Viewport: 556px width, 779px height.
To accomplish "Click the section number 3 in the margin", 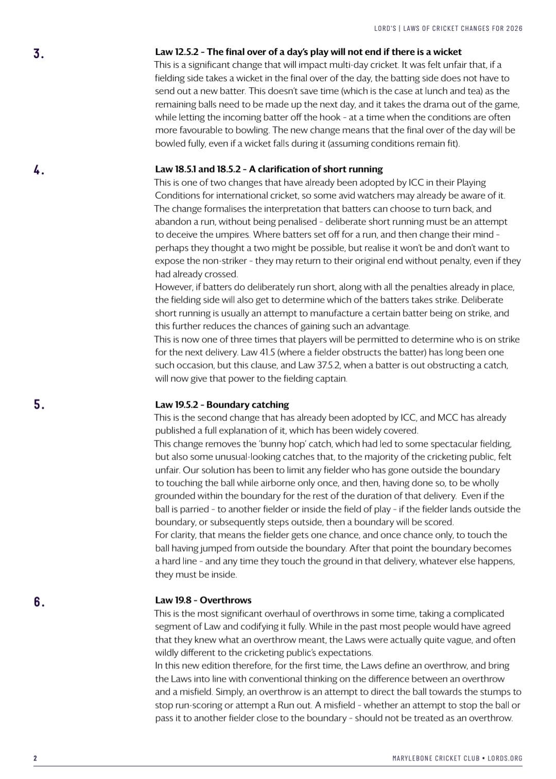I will (38, 54).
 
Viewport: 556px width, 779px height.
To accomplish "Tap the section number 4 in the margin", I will (38, 170).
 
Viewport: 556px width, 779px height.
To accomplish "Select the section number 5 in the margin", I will (38, 404).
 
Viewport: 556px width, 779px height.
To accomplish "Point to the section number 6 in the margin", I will (38, 601).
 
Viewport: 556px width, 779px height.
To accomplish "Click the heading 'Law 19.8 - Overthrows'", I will (203, 600).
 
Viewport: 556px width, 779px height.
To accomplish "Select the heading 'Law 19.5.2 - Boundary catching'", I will (222, 404).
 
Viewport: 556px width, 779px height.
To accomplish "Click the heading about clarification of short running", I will (269, 169).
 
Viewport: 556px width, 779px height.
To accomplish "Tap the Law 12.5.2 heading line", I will (308, 52).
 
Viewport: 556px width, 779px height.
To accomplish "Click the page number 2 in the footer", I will (35, 758).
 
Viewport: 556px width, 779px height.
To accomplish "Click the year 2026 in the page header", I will (513, 28).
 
